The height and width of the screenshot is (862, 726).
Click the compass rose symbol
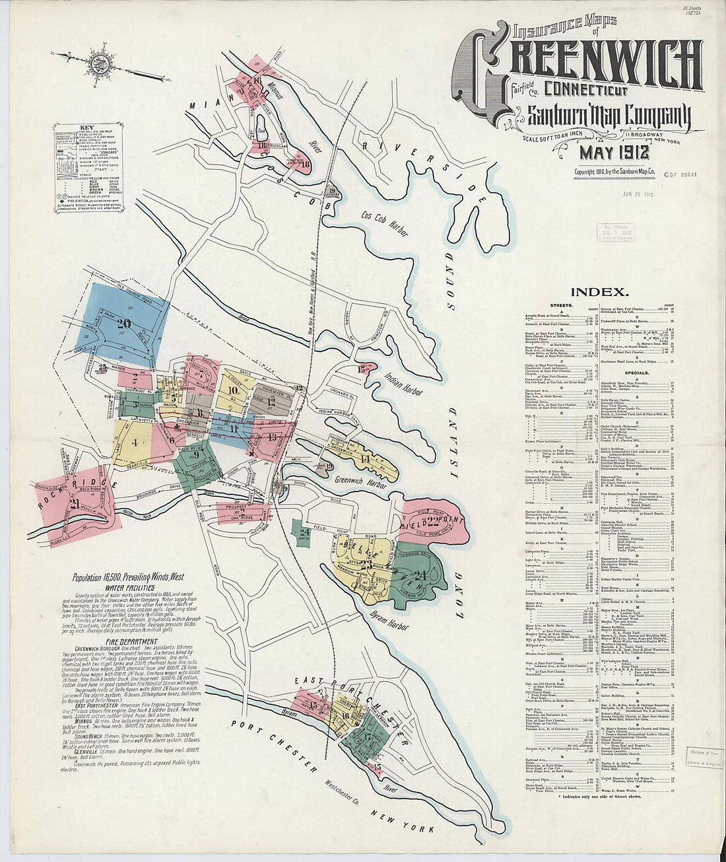click(x=101, y=60)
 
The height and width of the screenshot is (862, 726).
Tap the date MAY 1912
click(x=614, y=153)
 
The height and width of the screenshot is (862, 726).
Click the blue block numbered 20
click(x=123, y=324)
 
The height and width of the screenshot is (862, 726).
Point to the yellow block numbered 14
click(x=365, y=458)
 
